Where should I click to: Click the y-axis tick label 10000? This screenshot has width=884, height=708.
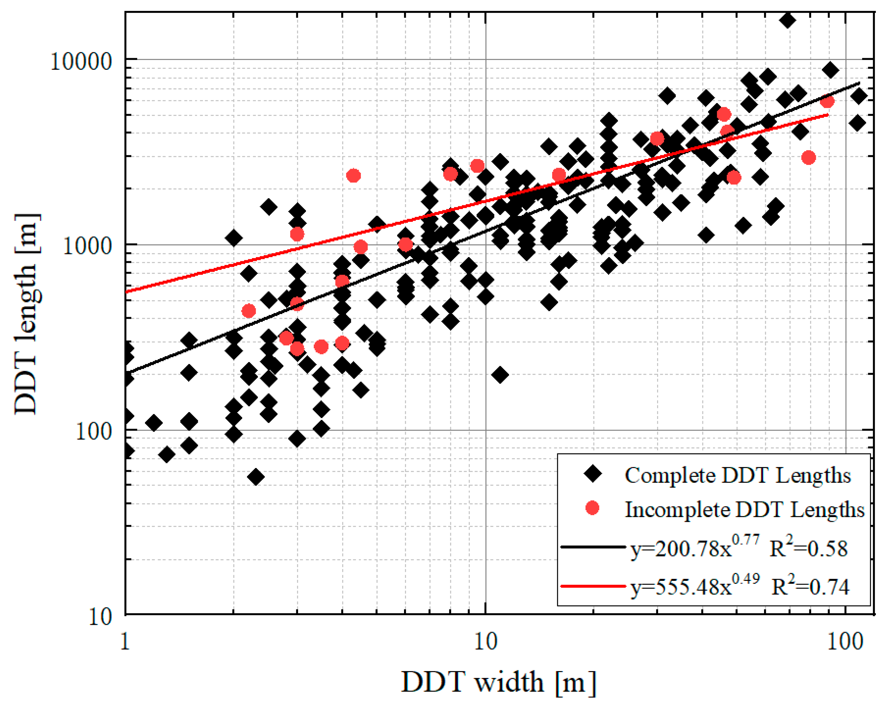[x=81, y=62]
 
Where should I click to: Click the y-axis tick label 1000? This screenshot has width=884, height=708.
[x=87, y=247]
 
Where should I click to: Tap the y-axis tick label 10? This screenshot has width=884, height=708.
[x=100, y=617]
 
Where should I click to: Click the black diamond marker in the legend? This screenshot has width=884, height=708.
[x=592, y=474]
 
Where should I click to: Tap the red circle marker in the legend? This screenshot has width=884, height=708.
[x=592, y=508]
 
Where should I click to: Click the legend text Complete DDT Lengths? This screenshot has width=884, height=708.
[x=737, y=476]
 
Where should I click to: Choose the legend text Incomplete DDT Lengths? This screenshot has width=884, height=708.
[x=744, y=510]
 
